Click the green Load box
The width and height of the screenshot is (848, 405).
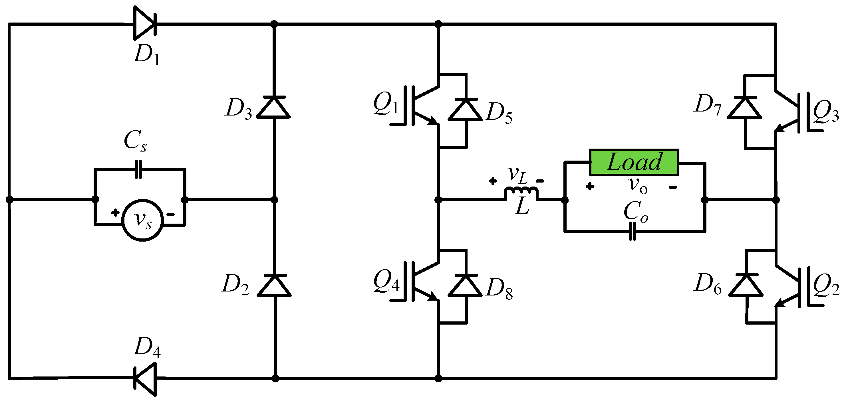(x=634, y=162)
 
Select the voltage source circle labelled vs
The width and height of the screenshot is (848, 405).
(x=142, y=220)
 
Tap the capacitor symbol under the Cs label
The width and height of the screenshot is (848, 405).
(x=138, y=169)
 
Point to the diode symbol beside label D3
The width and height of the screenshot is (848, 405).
(x=273, y=107)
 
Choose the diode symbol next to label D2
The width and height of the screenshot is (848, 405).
(x=274, y=285)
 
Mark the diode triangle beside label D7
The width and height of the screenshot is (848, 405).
(x=745, y=108)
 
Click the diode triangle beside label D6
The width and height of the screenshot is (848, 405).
(x=746, y=285)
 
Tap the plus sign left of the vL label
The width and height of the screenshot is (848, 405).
(x=493, y=181)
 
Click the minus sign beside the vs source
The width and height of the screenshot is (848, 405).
(x=170, y=214)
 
